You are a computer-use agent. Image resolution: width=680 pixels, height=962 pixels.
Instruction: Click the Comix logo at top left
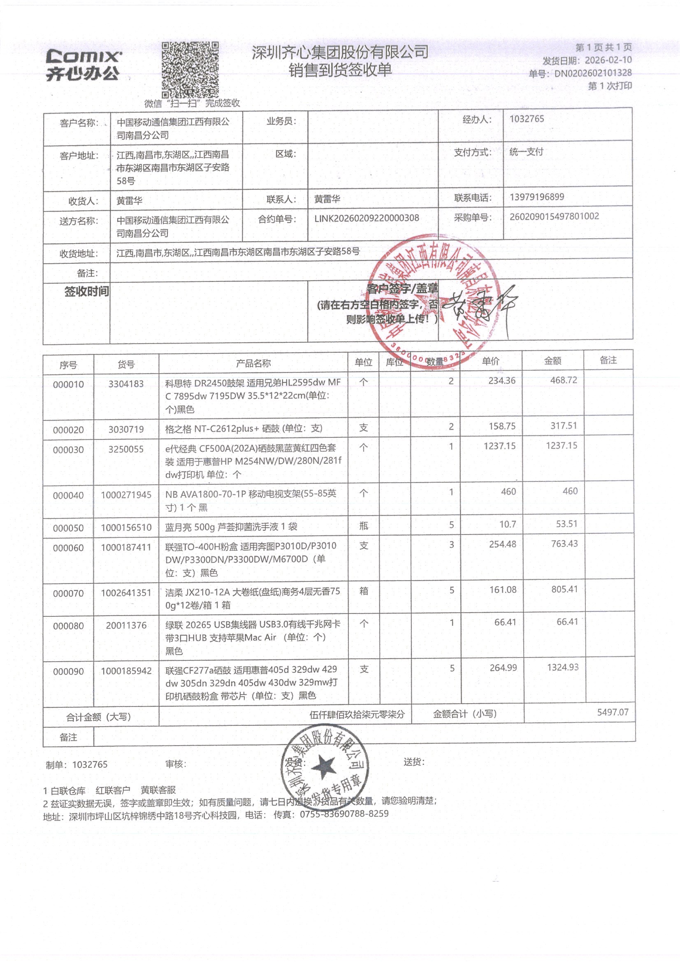[84, 65]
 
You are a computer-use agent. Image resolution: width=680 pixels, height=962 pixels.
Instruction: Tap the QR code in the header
[190, 70]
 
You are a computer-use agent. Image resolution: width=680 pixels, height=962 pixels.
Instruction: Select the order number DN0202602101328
[593, 73]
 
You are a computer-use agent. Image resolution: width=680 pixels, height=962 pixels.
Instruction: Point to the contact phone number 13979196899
[537, 197]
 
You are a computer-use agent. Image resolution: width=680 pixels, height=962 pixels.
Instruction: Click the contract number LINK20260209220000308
[367, 218]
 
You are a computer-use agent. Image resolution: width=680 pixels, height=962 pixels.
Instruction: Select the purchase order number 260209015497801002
[554, 216]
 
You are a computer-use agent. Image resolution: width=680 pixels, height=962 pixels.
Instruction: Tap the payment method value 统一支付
[526, 152]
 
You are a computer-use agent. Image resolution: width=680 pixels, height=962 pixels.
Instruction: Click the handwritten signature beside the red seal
[482, 308]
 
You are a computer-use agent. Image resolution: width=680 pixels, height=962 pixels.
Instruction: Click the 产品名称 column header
[253, 363]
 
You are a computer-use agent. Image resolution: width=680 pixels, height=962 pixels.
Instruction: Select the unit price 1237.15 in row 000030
[499, 446]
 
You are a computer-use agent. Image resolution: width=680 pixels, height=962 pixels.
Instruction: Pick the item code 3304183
[126, 383]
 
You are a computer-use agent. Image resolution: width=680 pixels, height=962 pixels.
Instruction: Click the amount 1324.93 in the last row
[562, 667]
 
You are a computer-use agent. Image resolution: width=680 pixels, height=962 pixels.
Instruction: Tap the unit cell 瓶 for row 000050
[364, 525]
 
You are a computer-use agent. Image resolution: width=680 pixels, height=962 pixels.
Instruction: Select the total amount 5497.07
[613, 712]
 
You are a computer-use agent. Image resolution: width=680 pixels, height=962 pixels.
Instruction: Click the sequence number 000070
[68, 593]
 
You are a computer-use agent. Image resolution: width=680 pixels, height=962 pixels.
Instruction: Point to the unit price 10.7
[507, 524]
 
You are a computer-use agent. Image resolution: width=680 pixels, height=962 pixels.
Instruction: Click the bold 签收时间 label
[86, 291]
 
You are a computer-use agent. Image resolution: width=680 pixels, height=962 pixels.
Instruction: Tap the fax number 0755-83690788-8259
[344, 814]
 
